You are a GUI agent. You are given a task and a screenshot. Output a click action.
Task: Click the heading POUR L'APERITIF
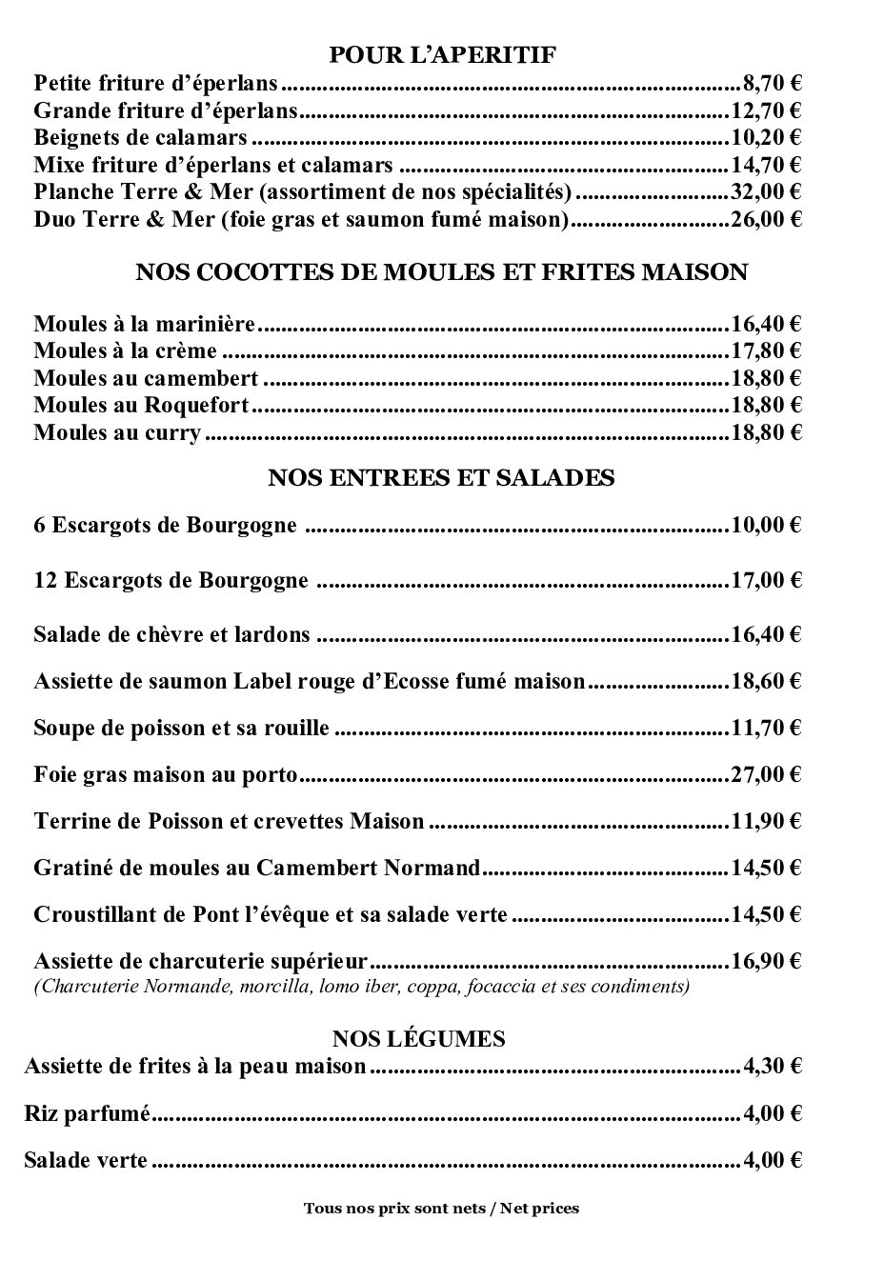442,55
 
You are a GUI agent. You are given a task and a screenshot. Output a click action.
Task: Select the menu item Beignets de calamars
140,137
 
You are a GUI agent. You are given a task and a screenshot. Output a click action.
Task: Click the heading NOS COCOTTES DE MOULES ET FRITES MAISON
442,272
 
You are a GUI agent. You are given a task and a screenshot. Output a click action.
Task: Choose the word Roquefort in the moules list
196,406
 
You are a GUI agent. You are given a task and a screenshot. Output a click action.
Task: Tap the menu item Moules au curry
117,433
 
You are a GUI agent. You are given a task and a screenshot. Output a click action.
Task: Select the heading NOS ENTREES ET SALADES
442,478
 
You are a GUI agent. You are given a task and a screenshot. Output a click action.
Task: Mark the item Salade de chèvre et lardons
171,634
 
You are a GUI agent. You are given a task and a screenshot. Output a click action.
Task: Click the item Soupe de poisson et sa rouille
181,729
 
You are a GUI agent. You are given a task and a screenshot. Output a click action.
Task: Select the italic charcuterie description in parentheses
361,986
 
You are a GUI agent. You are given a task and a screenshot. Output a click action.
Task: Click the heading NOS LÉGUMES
419,1038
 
